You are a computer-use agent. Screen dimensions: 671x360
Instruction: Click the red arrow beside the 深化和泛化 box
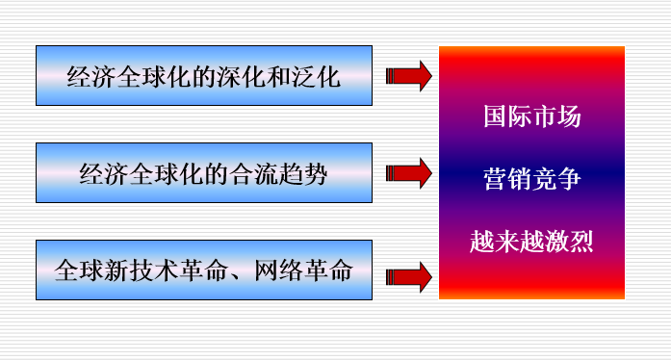pyautogui.click(x=409, y=76)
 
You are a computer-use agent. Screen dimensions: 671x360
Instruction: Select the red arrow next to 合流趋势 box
pyautogui.click(x=409, y=173)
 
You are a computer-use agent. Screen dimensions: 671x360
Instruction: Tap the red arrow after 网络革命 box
pyautogui.click(x=409, y=277)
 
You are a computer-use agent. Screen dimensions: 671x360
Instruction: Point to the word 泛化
pyautogui.click(x=316, y=77)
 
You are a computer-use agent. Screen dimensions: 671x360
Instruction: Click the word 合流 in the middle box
pyautogui.click(x=253, y=174)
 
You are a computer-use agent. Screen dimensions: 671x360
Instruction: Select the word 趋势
pyautogui.click(x=303, y=174)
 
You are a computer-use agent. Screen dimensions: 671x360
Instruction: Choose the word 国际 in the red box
pyautogui.click(x=508, y=116)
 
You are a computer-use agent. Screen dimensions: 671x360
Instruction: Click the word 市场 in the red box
pyautogui.click(x=557, y=116)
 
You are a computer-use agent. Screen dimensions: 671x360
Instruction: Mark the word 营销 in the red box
pyautogui.click(x=508, y=179)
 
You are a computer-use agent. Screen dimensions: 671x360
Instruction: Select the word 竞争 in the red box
pyautogui.click(x=557, y=179)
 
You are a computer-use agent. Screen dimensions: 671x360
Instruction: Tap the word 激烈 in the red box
pyautogui.click(x=569, y=242)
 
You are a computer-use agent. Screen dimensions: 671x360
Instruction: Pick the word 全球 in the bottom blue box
pyautogui.click(x=79, y=271)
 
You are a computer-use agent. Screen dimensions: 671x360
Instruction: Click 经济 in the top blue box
pyautogui.click(x=91, y=77)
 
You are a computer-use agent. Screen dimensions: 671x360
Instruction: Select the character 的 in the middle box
pyautogui.click(x=216, y=174)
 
